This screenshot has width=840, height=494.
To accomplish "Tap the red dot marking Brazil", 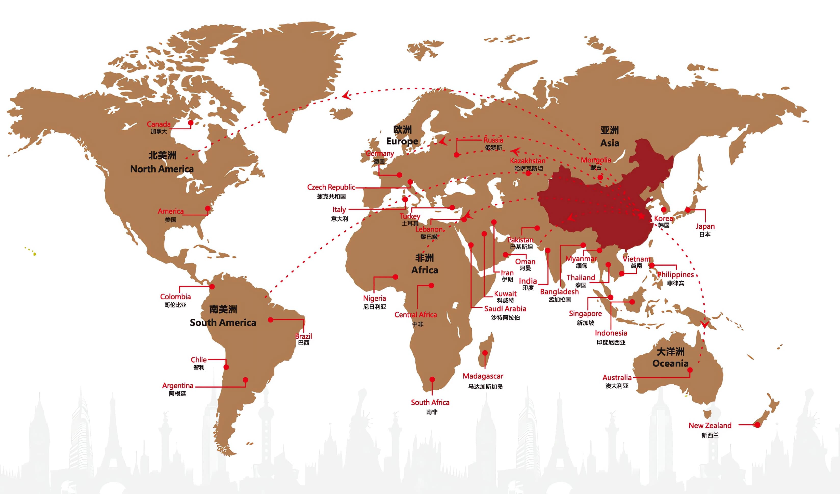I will (271, 320).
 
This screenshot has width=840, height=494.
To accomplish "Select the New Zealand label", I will (710, 426).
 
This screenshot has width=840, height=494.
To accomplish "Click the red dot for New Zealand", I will (757, 425).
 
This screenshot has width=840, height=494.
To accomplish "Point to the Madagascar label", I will (483, 376).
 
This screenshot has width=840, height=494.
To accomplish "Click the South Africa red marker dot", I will (432, 379).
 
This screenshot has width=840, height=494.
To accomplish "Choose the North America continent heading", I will (162, 169).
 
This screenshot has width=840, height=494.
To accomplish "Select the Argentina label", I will (178, 386).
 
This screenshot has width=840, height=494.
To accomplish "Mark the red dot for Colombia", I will (212, 286).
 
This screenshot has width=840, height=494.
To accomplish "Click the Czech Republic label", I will (331, 187).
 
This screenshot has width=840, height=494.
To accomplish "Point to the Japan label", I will (705, 226).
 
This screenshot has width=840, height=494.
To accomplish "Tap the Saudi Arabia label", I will (505, 309).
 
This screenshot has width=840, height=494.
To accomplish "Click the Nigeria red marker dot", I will (395, 277).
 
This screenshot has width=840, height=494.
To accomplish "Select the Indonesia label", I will (611, 333).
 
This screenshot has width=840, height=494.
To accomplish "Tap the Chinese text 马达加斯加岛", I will (485, 387).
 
